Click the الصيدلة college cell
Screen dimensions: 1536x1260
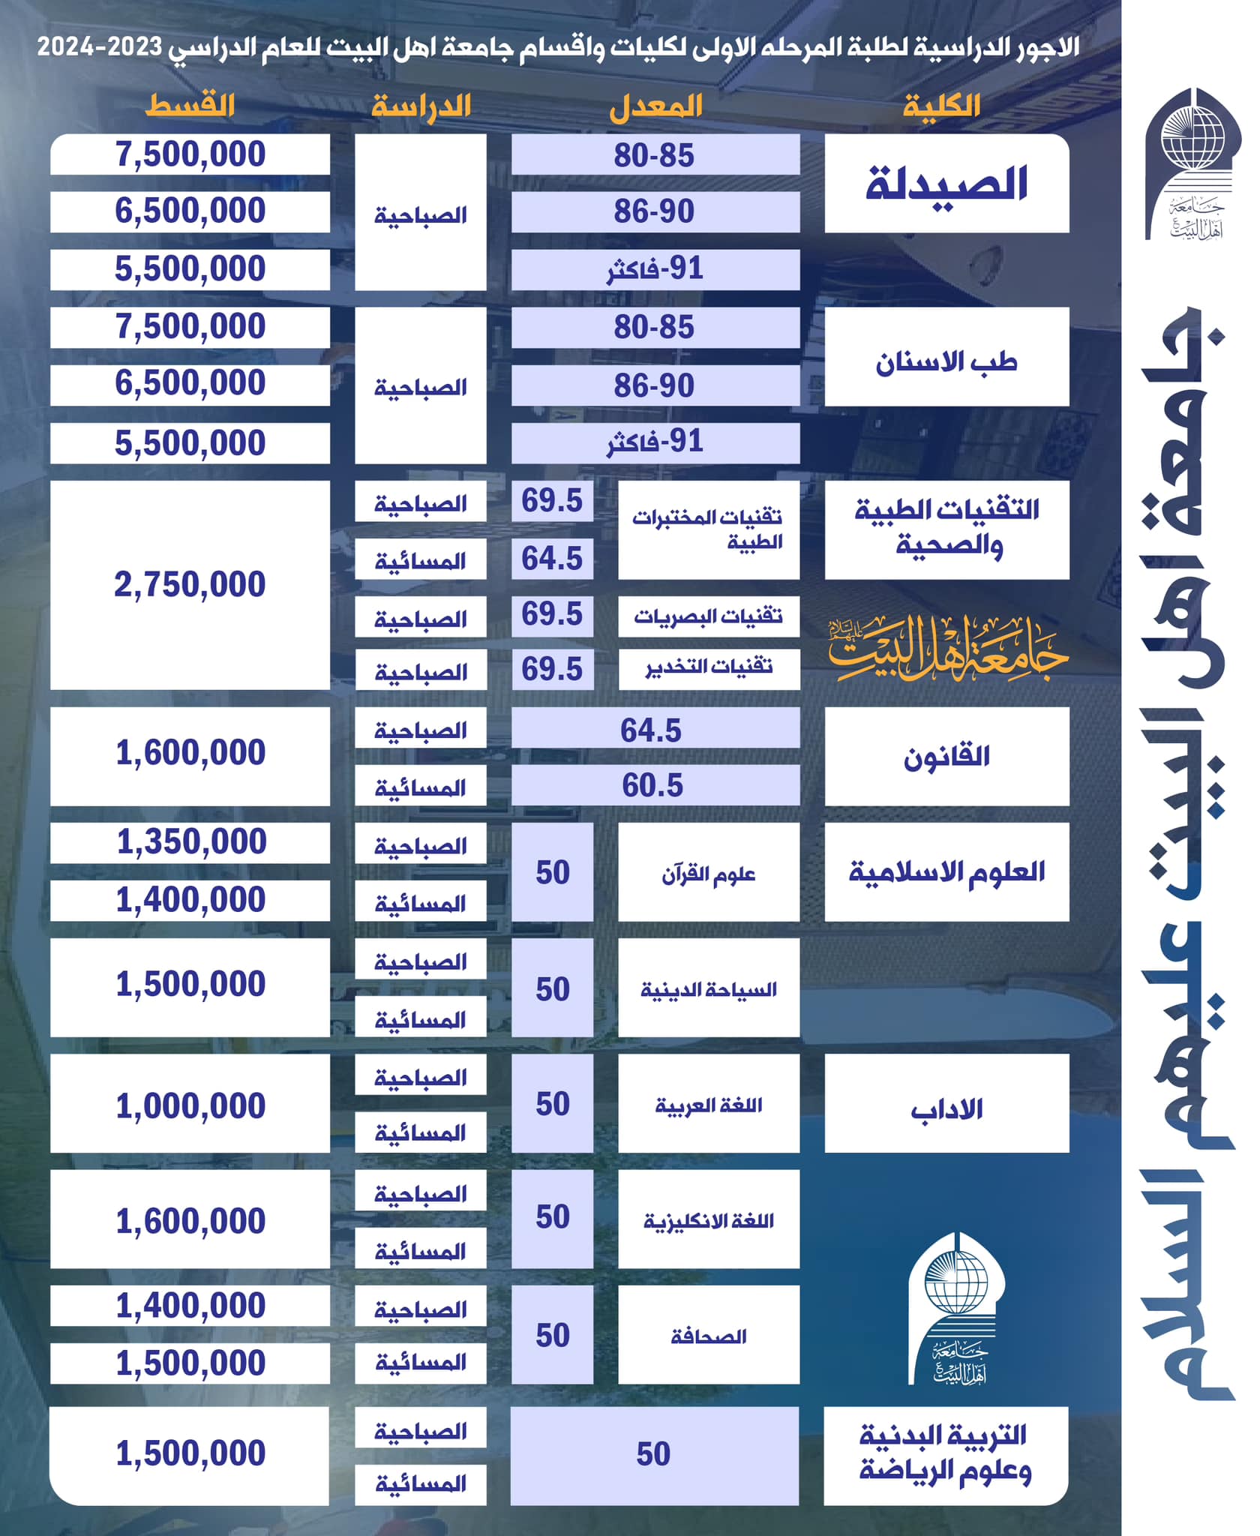click(x=946, y=184)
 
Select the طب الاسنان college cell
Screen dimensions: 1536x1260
click(x=946, y=357)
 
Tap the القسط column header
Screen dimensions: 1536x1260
click(x=190, y=106)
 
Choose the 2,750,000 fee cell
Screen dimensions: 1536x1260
click(x=190, y=585)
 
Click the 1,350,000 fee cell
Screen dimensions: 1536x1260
click(x=190, y=842)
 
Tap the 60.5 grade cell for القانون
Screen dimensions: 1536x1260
click(x=655, y=785)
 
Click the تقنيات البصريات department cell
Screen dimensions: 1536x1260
click(x=709, y=616)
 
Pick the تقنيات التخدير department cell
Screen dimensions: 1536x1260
click(x=709, y=668)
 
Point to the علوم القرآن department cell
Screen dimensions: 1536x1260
click(x=709, y=872)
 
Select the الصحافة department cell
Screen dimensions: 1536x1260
click(x=709, y=1336)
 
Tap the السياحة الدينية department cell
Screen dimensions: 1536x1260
click(x=709, y=988)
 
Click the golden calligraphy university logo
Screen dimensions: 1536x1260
click(x=946, y=649)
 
